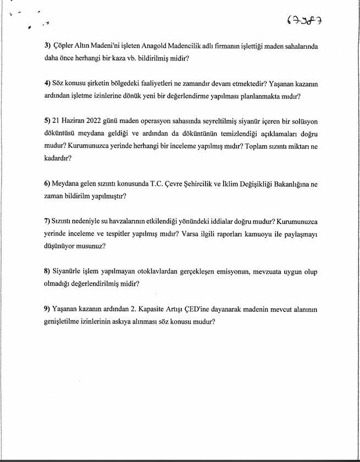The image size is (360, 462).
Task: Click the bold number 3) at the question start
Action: click(47, 46)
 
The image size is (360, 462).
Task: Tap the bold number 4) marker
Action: click(47, 84)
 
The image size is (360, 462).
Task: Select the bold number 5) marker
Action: click(47, 121)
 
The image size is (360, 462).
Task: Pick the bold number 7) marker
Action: click(47, 221)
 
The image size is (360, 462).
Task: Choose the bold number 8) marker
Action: click(47, 272)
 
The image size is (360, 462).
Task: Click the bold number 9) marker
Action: click(47, 309)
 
